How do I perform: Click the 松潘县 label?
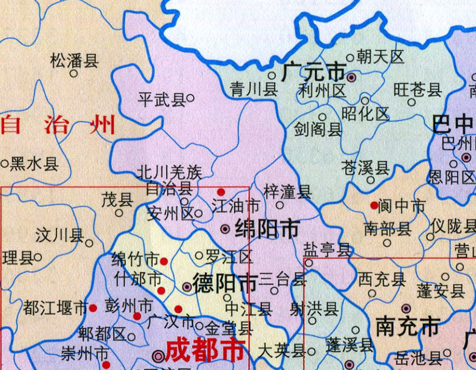[74, 60]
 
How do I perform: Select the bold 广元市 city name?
[314, 72]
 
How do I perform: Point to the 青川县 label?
[254, 89]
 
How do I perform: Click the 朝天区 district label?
[381, 57]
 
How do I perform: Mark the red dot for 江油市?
[221, 192]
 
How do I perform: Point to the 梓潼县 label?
[287, 191]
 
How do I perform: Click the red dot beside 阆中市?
[374, 205]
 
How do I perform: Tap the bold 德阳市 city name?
[225, 283]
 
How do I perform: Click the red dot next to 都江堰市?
[93, 308]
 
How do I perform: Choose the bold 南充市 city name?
[408, 327]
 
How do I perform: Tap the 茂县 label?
[117, 200]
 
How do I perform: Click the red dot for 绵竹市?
[164, 261]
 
